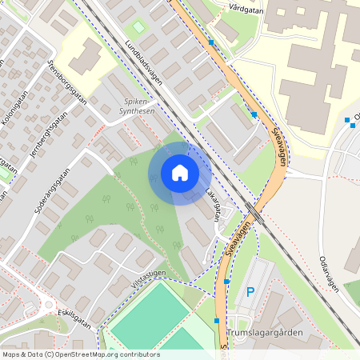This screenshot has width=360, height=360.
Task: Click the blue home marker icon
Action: click(x=180, y=173)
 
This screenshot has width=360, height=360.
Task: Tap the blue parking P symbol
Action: click(x=250, y=293)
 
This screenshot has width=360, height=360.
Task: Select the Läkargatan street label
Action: click(x=211, y=205)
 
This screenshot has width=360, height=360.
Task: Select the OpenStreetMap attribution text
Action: click(x=80, y=354)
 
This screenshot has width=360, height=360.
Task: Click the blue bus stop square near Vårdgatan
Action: click(x=211, y=42)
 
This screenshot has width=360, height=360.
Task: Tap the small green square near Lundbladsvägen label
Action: click(x=139, y=28)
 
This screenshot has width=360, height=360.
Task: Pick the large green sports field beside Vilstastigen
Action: click(x=146, y=316)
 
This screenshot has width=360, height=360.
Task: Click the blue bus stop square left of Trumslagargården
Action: click(x=216, y=320)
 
